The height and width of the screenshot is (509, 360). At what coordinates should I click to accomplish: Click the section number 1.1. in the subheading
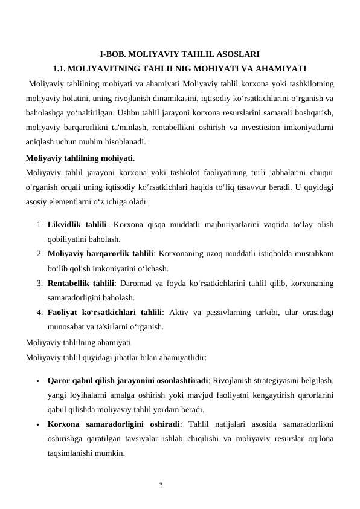(x=62, y=68)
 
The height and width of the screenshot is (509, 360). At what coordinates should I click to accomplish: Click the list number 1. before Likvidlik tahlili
(x=38, y=225)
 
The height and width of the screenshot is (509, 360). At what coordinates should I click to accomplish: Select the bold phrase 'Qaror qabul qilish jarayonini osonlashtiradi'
(x=127, y=381)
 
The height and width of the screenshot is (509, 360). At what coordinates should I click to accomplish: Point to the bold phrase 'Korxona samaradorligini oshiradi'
(x=114, y=424)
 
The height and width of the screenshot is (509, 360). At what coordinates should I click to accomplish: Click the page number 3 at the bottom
(x=161, y=484)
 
